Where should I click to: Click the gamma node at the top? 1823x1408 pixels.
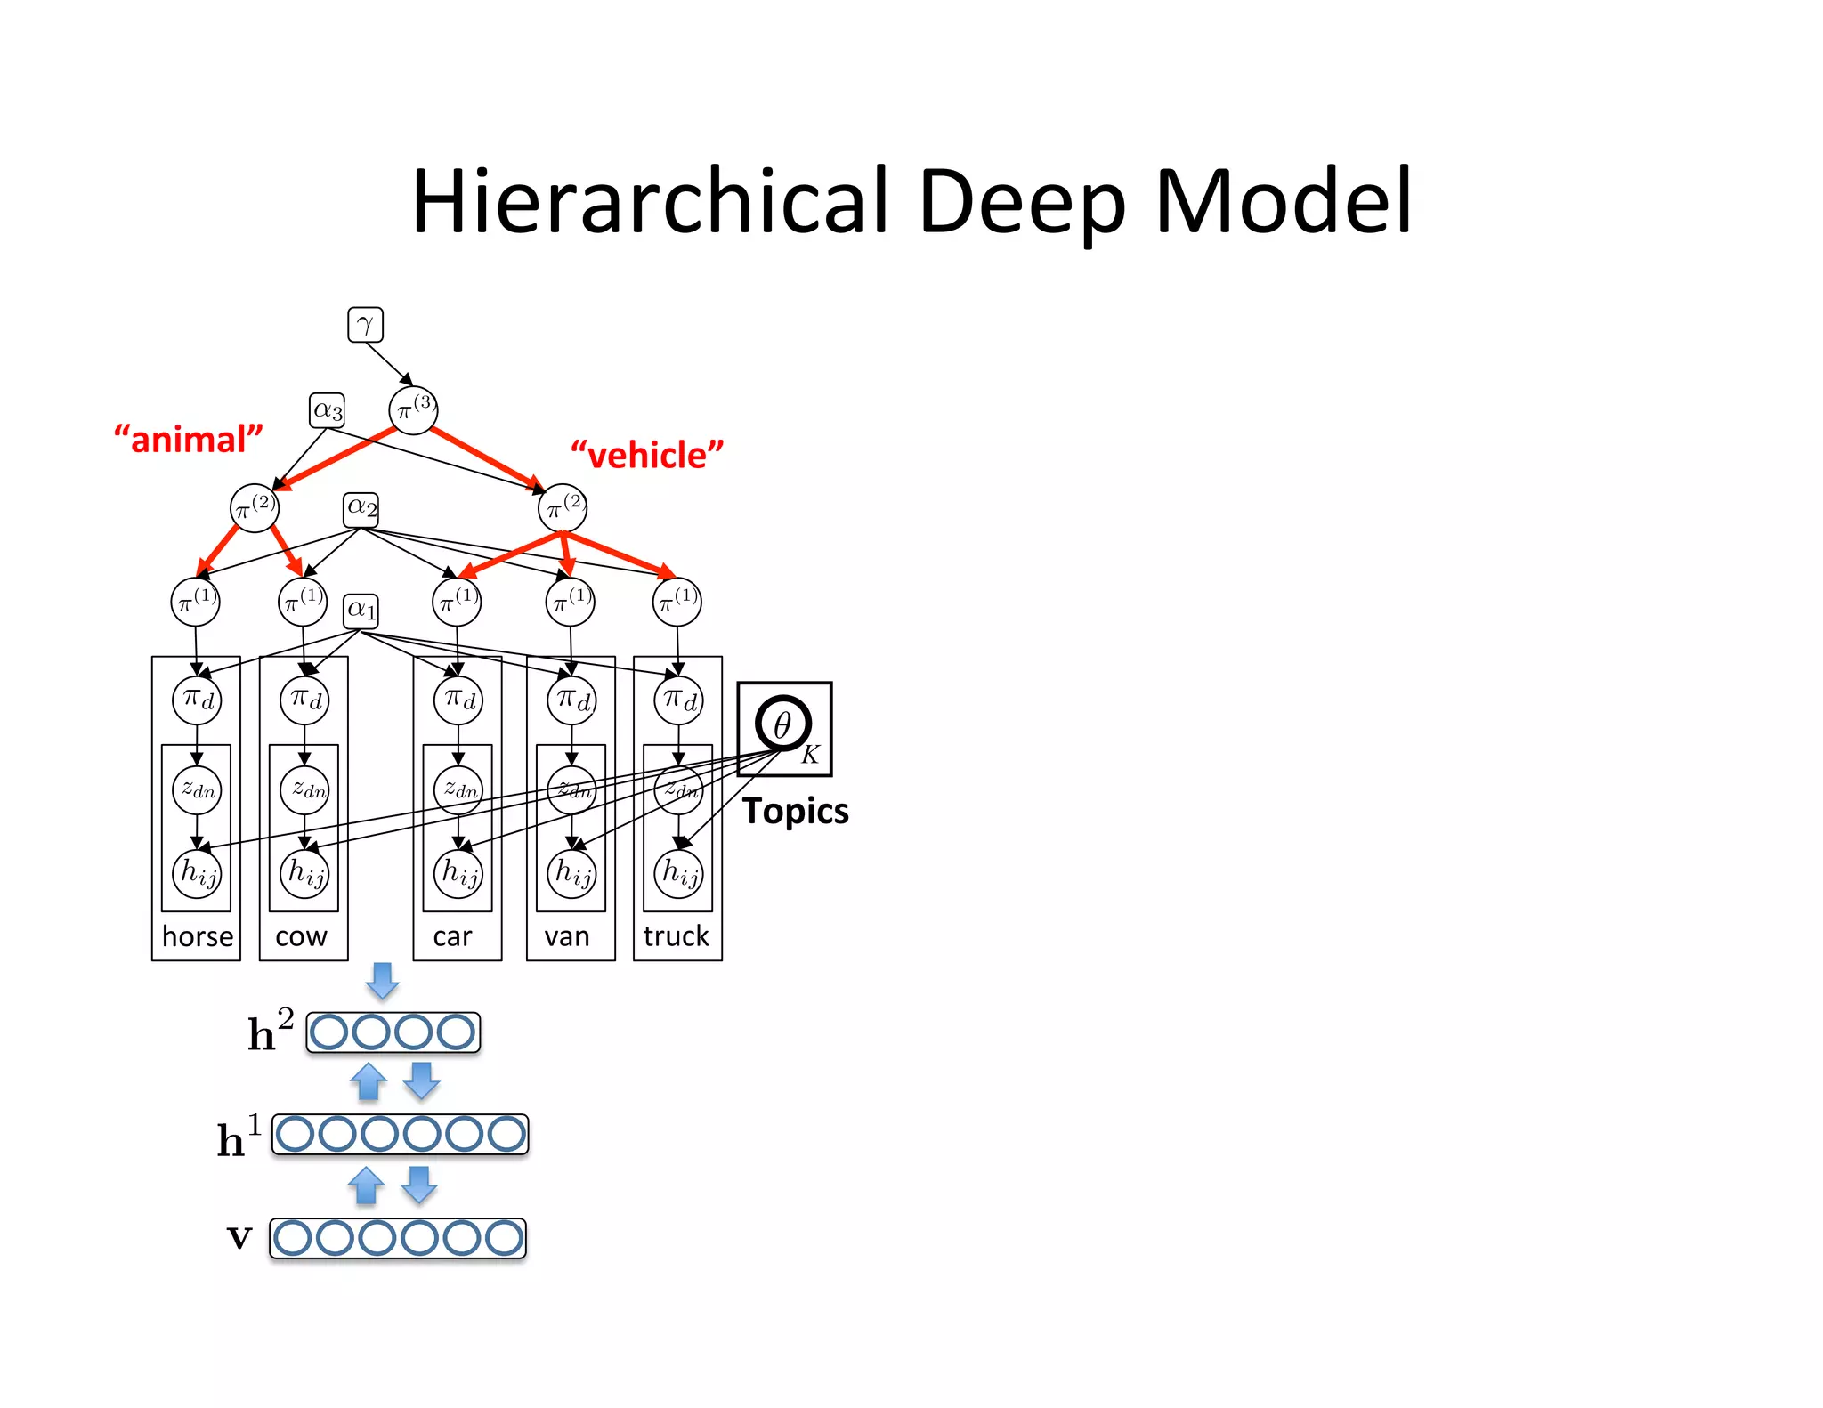365,325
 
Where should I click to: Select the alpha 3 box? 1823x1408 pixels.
327,410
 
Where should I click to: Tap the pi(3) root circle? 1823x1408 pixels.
413,410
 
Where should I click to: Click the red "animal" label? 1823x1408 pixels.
189,440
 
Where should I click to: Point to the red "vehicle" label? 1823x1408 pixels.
647,455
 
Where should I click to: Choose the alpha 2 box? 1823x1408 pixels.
361,509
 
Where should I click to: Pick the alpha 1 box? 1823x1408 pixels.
361,611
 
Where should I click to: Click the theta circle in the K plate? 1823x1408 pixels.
782,724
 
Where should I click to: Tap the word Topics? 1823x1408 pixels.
795,811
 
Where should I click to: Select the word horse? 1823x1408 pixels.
198,936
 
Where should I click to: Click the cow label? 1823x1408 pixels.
301,936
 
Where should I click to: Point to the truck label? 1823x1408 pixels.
677,936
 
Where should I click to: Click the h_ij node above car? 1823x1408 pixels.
458,872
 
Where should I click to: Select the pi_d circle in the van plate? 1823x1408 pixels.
571,700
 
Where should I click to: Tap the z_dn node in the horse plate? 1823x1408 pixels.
197,789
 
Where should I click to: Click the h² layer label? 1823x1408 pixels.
270,1032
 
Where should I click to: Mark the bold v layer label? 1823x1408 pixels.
239,1236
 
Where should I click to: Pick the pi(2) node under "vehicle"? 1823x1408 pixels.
563,508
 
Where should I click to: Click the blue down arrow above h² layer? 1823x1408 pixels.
383,980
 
